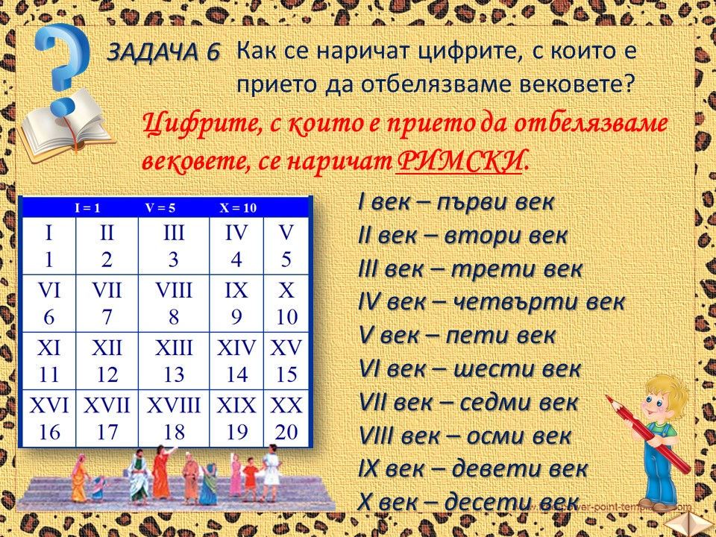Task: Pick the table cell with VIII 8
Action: [174, 303]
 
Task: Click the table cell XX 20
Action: [286, 418]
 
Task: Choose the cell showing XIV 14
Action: [236, 360]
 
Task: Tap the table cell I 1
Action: [48, 245]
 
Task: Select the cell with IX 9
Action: [236, 303]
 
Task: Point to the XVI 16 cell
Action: [48, 418]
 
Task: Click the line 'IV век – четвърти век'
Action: [492, 303]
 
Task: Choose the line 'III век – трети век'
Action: [470, 269]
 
